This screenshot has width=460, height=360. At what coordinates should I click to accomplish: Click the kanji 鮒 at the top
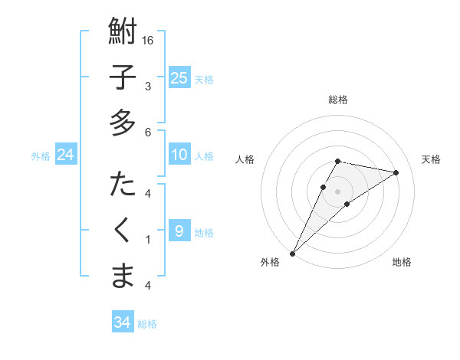pos(123,33)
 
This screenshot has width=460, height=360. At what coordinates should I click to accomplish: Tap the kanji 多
pos(123,123)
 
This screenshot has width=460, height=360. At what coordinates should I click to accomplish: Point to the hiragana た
pos(123,185)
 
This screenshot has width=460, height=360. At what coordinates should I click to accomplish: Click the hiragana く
pos(123,231)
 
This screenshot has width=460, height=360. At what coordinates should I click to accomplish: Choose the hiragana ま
pos(123,276)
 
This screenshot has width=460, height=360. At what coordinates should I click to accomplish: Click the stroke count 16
pos(149,40)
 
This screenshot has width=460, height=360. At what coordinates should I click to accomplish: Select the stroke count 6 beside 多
pos(149,133)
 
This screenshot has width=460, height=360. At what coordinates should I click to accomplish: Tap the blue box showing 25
pos(179,78)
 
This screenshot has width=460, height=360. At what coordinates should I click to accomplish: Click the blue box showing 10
pos(179,155)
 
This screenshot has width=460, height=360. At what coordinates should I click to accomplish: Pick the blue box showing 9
pos(179,231)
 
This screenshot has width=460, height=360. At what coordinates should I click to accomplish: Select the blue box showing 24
pos(66,155)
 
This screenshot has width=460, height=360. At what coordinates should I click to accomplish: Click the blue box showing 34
pos(122,322)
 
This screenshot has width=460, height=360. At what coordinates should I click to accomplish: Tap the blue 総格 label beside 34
pos(147,324)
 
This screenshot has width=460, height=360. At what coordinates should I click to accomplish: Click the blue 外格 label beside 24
pos(41,156)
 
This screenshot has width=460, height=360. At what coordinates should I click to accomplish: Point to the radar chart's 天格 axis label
pos(431,159)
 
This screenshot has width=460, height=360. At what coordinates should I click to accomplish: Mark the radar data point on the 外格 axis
pos(292,253)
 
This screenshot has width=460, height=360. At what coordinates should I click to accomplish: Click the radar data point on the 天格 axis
pos(396,172)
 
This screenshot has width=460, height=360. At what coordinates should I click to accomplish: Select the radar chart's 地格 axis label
pos(402,262)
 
